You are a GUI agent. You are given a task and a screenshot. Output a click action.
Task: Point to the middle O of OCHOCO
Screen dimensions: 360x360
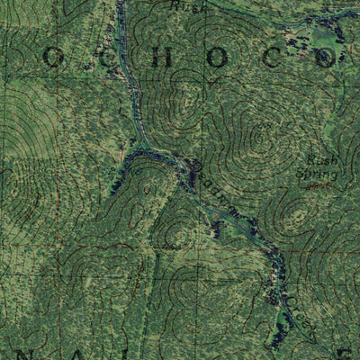[x=217, y=58]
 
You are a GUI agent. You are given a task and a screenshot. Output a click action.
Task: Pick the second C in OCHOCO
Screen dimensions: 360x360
[x=271, y=58]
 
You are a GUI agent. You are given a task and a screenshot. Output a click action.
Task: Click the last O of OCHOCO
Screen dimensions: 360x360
[x=325, y=58]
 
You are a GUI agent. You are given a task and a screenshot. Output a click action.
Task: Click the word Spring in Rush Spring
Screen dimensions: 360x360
[x=319, y=174]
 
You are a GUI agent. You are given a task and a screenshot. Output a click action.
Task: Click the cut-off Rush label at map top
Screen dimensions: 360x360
[x=190, y=5]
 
